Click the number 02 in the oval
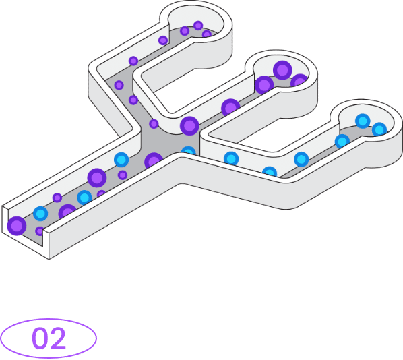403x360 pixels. (49, 338)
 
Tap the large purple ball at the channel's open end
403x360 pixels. (17, 226)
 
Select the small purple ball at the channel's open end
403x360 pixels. (40, 231)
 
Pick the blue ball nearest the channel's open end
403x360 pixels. (40, 214)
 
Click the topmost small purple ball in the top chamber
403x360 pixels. (198, 26)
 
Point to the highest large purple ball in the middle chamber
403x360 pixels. (282, 70)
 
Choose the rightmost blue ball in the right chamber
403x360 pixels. (379, 129)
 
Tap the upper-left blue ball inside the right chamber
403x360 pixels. (363, 121)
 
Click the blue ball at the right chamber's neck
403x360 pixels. (342, 141)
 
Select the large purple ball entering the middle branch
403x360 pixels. (189, 126)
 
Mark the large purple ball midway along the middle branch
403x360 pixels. (230, 107)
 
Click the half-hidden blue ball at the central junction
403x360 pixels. (189, 150)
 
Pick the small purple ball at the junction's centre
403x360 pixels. (154, 124)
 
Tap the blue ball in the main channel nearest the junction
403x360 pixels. (121, 160)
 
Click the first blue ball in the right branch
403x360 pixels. (231, 158)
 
